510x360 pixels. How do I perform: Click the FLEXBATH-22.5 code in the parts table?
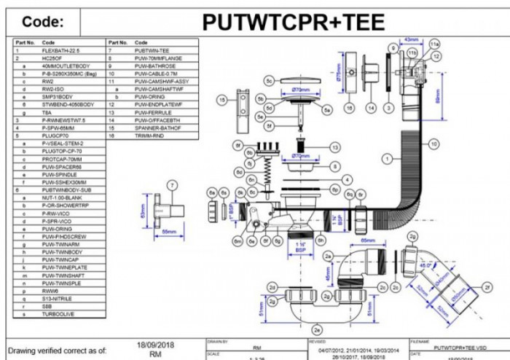click(x=60, y=50)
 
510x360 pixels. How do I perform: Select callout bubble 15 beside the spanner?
click(x=221, y=99)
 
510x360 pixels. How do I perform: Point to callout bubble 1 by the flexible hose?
click(x=389, y=156)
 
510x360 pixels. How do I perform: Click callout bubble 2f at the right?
click(x=487, y=289)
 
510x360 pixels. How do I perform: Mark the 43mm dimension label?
click(x=412, y=39)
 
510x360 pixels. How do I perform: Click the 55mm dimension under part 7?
click(x=169, y=231)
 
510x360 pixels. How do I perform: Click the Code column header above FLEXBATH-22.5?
click(x=49, y=42)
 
